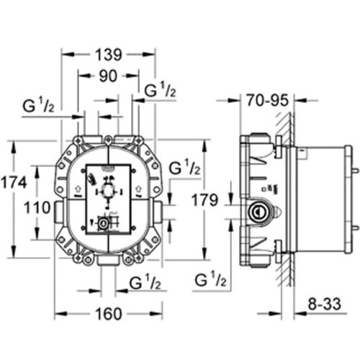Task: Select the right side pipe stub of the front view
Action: coord(157,210)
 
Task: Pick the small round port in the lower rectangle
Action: coord(105,224)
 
